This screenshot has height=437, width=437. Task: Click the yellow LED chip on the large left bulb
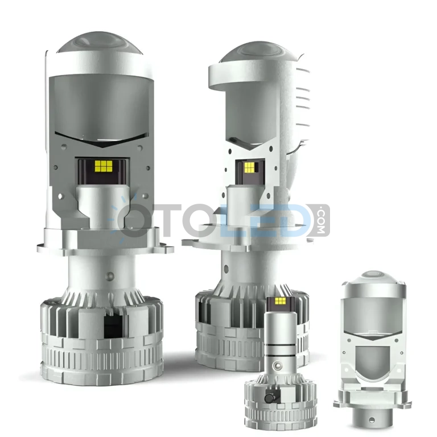coord(104,166)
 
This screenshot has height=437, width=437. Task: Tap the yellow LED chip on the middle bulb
coord(249,167)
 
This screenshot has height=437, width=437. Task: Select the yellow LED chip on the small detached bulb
coord(279,300)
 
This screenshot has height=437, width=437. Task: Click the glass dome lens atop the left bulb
coord(100,43)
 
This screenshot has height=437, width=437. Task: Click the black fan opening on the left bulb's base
coord(113,325)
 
